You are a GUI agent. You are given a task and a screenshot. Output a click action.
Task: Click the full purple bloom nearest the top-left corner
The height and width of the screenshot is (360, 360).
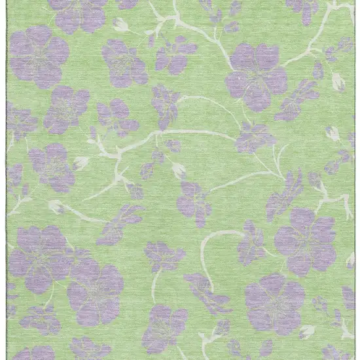[39, 56]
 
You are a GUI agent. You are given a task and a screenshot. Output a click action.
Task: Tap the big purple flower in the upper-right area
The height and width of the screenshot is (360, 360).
[257, 76]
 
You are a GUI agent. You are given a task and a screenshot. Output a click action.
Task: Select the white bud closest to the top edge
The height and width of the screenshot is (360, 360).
[120, 25]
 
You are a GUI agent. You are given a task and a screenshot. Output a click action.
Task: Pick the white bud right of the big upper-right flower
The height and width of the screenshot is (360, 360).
[338, 82]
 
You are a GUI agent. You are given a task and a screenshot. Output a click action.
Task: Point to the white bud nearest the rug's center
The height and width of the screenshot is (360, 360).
[178, 170]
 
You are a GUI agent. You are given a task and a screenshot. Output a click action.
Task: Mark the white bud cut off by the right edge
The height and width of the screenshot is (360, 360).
[351, 260]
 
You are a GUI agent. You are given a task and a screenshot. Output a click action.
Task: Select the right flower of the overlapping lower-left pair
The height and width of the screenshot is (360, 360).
[95, 291]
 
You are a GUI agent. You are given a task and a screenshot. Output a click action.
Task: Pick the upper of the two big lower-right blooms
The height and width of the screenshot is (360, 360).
[305, 240]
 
